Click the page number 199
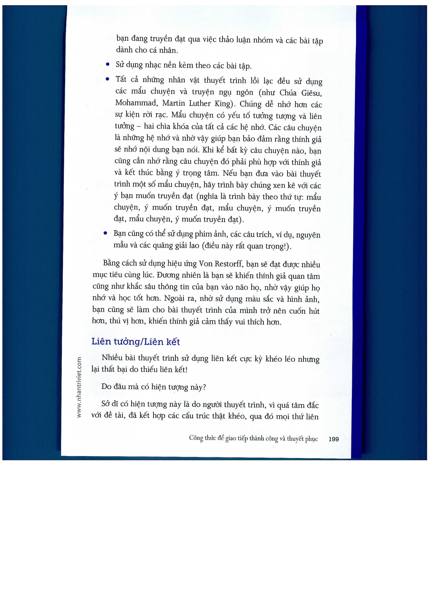pos(333,439)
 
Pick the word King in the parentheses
pos(222,104)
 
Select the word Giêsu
pos(312,93)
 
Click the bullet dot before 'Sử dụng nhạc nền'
pos(108,64)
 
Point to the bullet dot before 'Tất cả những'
pos(107,79)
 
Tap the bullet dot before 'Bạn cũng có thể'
pos(105,233)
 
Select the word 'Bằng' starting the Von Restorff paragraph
pos(111,263)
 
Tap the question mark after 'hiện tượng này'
pos(204,387)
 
